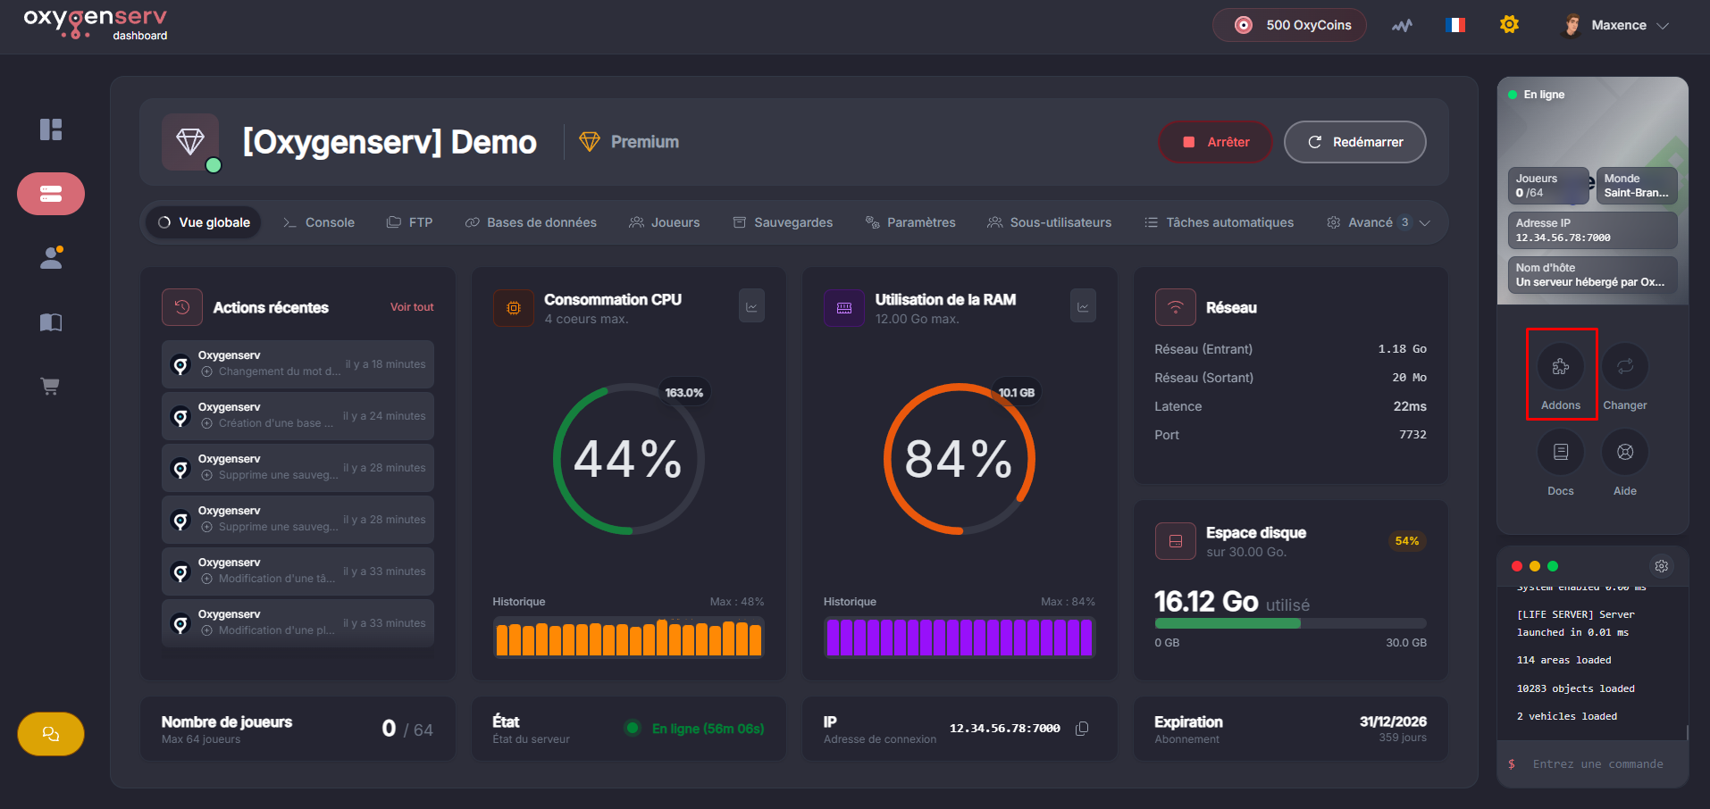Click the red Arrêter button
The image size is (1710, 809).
pos(1215,142)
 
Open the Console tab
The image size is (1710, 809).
pos(319,222)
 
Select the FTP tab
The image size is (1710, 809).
pos(410,222)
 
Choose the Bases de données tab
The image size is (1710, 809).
pos(531,222)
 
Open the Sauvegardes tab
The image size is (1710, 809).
pos(783,222)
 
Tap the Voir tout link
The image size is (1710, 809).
pos(412,307)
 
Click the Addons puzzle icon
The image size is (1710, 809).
pos(1561,366)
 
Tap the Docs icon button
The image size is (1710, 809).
pos(1561,452)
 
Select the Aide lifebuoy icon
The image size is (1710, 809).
pos(1625,452)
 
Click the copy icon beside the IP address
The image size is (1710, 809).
pos(1082,729)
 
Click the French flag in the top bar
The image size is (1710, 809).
pos(1455,25)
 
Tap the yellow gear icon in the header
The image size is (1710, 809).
pos(1509,25)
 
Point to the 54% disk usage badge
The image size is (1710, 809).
pos(1406,541)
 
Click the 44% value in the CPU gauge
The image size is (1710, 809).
pos(628,459)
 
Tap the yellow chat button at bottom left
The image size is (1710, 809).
pos(51,734)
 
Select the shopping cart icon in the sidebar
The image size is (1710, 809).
pos(51,387)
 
